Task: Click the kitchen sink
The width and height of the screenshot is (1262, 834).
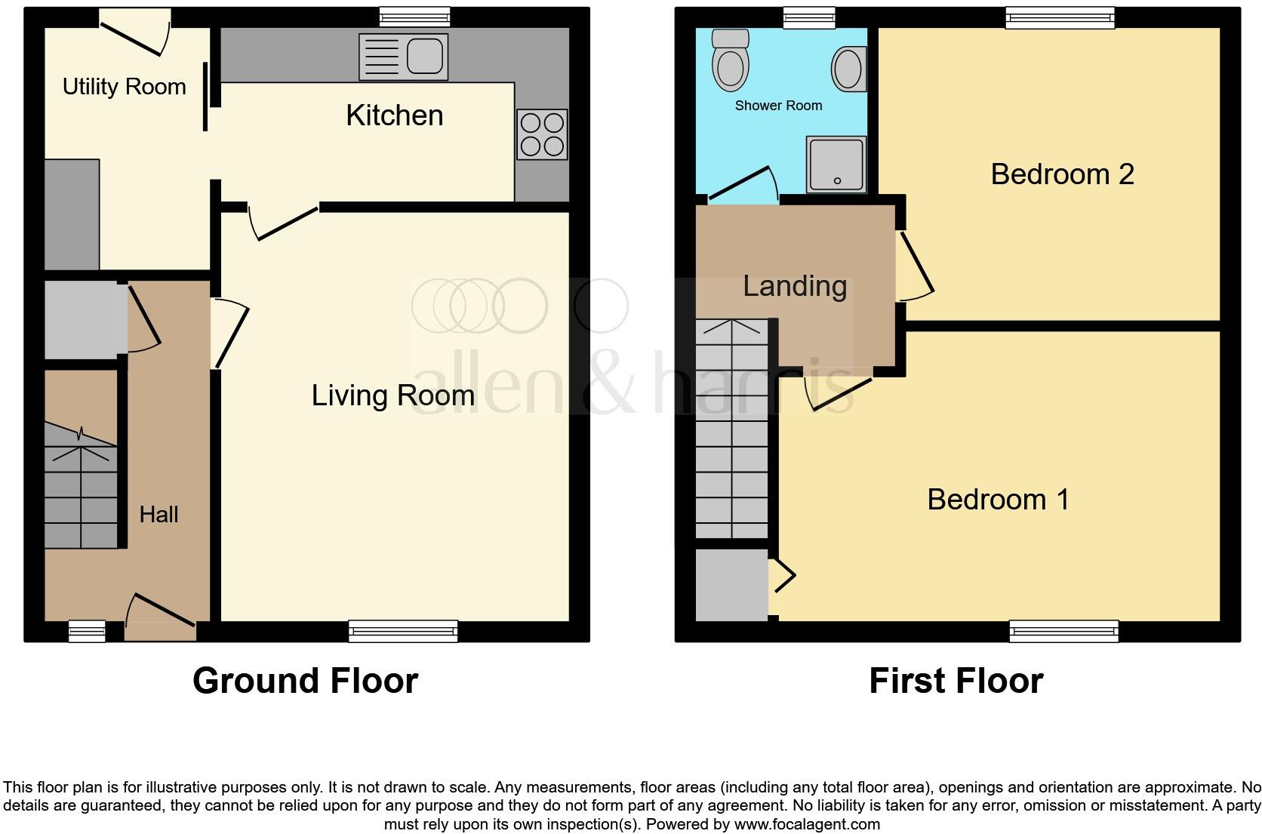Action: (404, 57)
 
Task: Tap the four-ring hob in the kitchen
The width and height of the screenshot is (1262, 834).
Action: (542, 134)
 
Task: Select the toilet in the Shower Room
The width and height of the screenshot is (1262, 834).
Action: (730, 60)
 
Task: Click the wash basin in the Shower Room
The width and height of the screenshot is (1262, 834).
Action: (848, 69)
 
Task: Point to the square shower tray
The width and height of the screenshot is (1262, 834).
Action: (836, 164)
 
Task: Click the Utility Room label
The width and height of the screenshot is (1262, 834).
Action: (124, 87)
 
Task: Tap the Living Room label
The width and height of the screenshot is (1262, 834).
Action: (392, 395)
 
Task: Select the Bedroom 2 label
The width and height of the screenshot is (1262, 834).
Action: (1062, 174)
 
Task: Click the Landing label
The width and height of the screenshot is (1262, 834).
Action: (795, 286)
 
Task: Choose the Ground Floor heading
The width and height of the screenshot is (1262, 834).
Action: (305, 681)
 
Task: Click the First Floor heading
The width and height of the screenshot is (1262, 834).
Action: (956, 681)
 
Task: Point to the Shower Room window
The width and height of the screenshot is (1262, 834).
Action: (809, 17)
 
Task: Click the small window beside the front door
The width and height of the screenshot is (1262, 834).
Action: (87, 630)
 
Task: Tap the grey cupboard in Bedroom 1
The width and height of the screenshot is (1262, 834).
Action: (731, 585)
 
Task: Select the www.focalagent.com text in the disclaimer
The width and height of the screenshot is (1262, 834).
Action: (807, 824)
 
